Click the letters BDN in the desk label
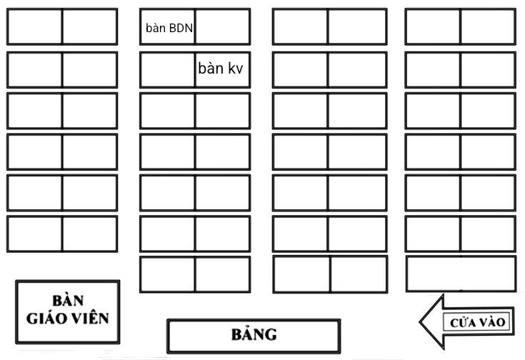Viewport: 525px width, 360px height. (181, 28)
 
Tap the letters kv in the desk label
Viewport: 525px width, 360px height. (236, 69)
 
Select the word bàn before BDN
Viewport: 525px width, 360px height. (156, 28)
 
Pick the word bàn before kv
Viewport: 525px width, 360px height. (211, 68)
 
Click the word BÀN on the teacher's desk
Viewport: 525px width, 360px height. (68, 301)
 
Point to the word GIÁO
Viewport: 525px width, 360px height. (46, 318)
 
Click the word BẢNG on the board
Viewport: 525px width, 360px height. (254, 334)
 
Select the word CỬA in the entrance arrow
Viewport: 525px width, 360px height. (463, 322)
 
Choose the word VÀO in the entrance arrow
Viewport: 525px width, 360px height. (491, 322)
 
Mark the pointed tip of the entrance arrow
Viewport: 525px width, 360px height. (420, 322)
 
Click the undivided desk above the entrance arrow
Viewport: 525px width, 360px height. (461, 274)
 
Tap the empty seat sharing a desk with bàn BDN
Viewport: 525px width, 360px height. (223, 26)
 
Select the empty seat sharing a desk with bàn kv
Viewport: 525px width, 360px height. (167, 70)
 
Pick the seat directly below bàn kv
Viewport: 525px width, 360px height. (223, 111)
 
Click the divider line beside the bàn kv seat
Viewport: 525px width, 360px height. (195, 70)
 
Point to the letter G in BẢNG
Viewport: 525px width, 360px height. (271, 334)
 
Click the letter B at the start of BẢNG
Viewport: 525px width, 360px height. (237, 334)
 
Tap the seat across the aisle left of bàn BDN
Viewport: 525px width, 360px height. (90, 26)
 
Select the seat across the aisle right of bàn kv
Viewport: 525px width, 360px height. (300, 70)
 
